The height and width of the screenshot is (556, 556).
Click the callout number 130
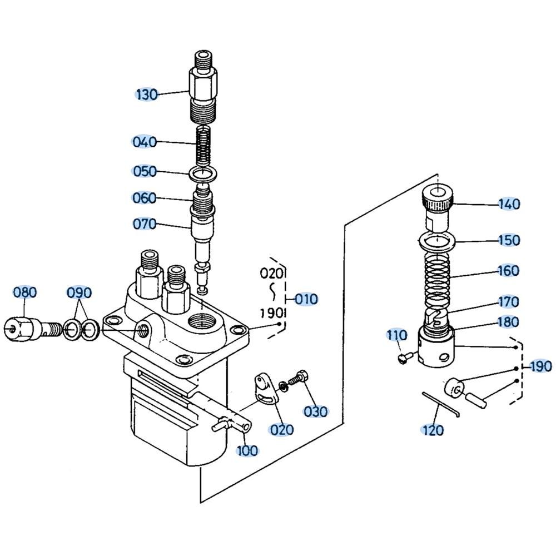pyautogui.click(x=147, y=94)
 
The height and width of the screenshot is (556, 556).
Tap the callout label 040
pyautogui.click(x=145, y=142)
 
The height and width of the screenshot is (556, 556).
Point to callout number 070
pyautogui.click(x=145, y=224)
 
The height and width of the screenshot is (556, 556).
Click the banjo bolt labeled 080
pyautogui.click(x=28, y=329)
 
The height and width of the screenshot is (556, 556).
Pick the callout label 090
pyautogui.click(x=80, y=292)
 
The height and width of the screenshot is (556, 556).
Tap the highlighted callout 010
pyautogui.click(x=306, y=299)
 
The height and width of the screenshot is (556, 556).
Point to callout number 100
pyautogui.click(x=247, y=450)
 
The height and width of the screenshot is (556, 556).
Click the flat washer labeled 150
pyautogui.click(x=438, y=240)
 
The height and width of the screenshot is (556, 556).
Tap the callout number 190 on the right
pyautogui.click(x=540, y=366)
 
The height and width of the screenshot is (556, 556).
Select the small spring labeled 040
pyautogui.click(x=205, y=144)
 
